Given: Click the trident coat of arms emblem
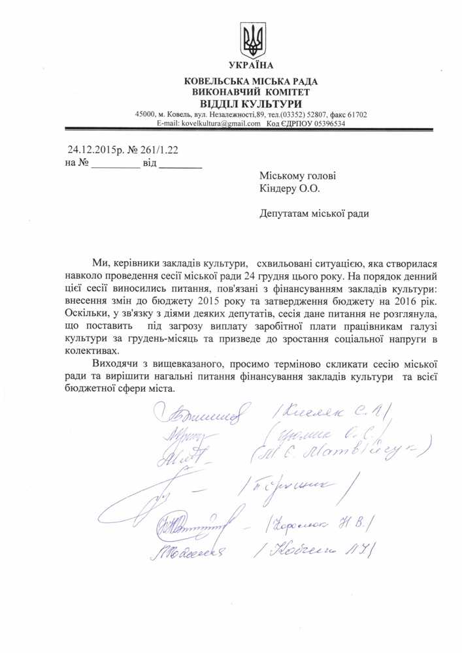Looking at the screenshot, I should (252, 40).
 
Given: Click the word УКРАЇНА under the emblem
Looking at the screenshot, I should (251, 65).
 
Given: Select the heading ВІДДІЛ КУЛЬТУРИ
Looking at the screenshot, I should (251, 103).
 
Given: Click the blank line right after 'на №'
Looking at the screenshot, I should (114, 165).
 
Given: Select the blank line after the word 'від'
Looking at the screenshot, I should (181, 165).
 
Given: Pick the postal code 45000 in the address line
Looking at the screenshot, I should (144, 114).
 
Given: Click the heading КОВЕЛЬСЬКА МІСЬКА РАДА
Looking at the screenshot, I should (251, 82).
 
